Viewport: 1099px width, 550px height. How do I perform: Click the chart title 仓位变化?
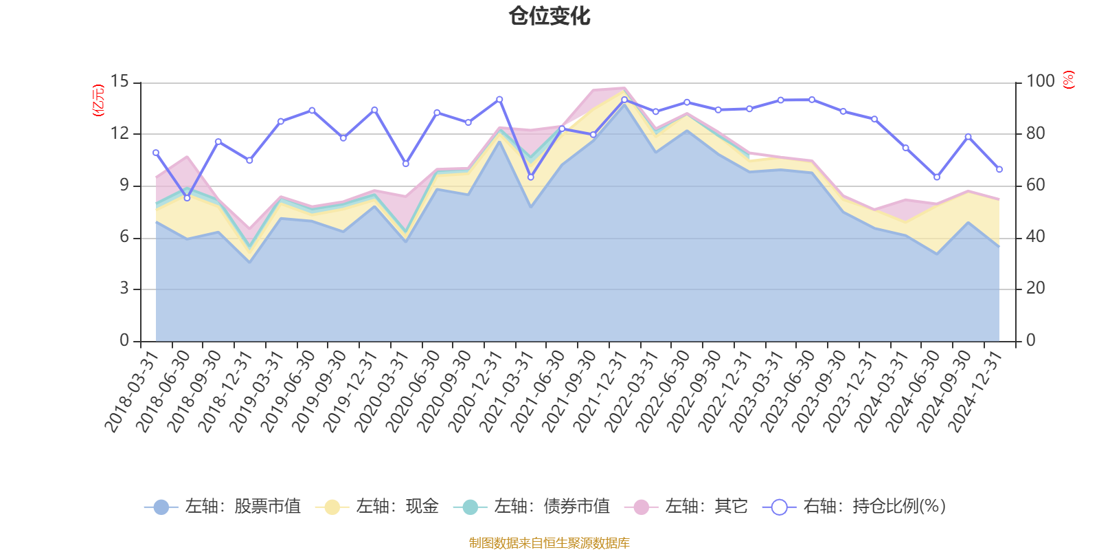pyautogui.click(x=549, y=16)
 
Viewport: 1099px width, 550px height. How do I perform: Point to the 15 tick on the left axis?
pyautogui.click(x=120, y=82)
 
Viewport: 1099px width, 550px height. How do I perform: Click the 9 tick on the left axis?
pyautogui.click(x=124, y=186)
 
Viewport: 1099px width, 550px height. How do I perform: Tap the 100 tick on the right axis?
pyautogui.click(x=1040, y=82)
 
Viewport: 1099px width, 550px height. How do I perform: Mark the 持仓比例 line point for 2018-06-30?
pyautogui.click(x=187, y=198)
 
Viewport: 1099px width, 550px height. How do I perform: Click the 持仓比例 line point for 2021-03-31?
pyautogui.click(x=531, y=177)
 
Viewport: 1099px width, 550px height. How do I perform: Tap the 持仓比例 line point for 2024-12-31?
pyautogui.click(x=999, y=169)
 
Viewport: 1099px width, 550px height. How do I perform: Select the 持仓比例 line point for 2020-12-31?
pyautogui.click(x=499, y=100)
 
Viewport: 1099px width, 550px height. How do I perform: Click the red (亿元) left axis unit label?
pyautogui.click(x=98, y=100)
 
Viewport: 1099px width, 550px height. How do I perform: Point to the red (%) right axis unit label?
pyautogui.click(x=1069, y=80)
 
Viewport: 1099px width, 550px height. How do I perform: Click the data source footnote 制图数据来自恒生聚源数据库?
pyautogui.click(x=549, y=543)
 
